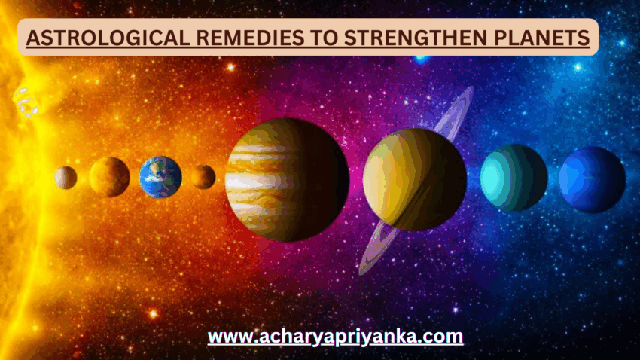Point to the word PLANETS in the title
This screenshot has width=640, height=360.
(x=538, y=37)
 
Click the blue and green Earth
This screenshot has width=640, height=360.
(x=160, y=177)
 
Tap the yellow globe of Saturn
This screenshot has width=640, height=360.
(x=414, y=179)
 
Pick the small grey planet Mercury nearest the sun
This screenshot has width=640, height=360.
(x=66, y=178)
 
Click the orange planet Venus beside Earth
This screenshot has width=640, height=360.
(x=109, y=177)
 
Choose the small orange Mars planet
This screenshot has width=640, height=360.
(x=203, y=177)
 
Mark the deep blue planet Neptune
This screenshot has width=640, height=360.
(x=592, y=179)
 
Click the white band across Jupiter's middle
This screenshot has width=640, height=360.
(x=256, y=182)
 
